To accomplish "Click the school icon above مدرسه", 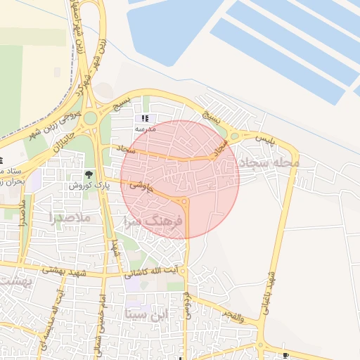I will (146, 119).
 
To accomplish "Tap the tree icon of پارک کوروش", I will (89, 174).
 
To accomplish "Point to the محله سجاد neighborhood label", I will (269, 163).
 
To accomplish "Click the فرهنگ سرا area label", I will (153, 221).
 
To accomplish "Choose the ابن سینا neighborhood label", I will (147, 314).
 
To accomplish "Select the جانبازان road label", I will (60, 139).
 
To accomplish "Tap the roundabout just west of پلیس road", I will (235, 136).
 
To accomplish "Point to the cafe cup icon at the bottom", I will (285, 355).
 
